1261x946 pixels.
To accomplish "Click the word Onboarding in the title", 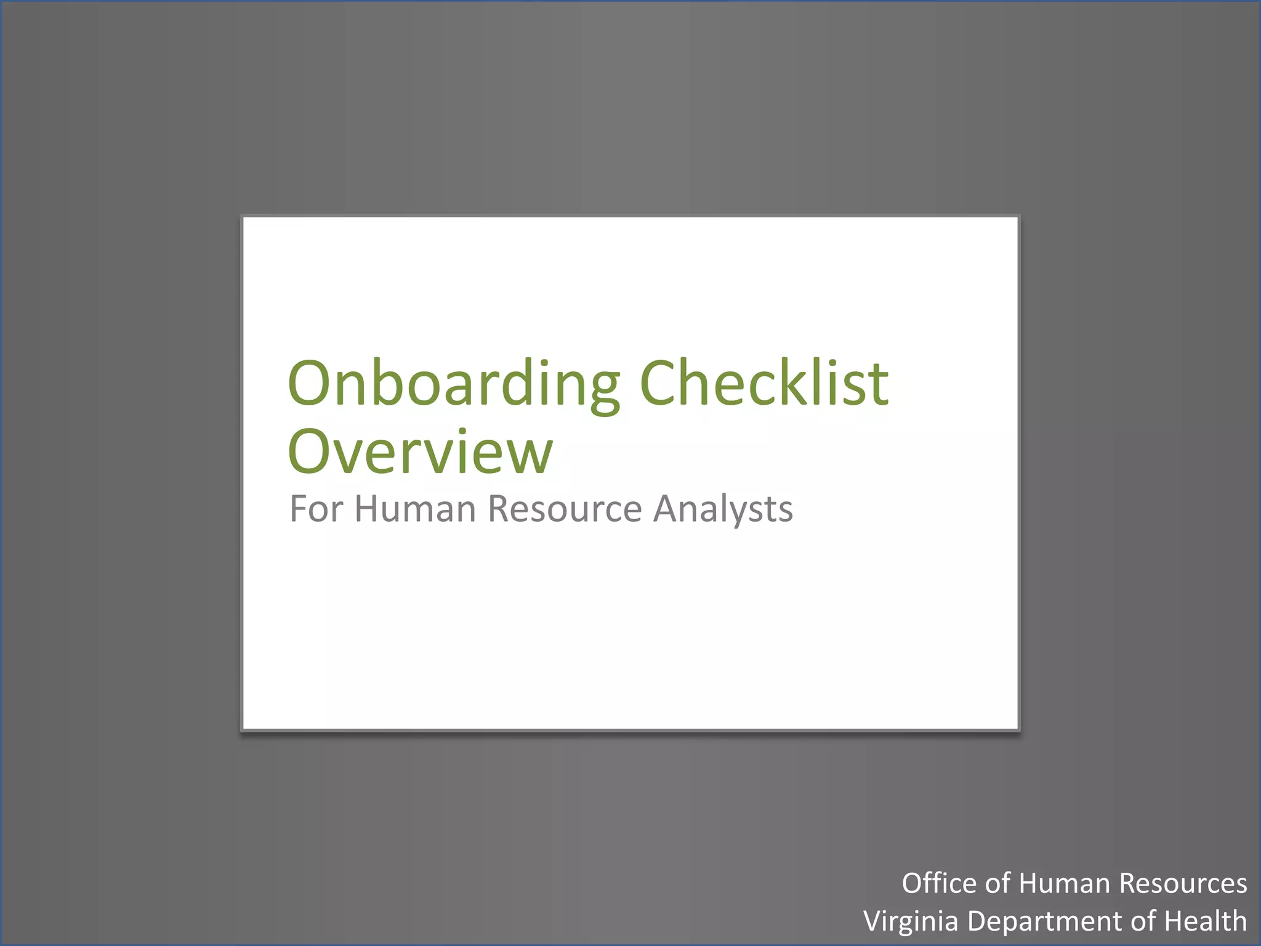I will pyautogui.click(x=454, y=384).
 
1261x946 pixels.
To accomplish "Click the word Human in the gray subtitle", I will pyautogui.click(x=415, y=509).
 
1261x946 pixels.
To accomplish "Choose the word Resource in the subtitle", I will pyautogui.click(x=565, y=509).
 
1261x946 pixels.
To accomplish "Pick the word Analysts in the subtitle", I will pyautogui.click(x=723, y=510).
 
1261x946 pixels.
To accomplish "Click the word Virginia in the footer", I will pyautogui.click(x=911, y=922).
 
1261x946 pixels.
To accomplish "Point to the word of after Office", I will pyautogui.click(x=997, y=883).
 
